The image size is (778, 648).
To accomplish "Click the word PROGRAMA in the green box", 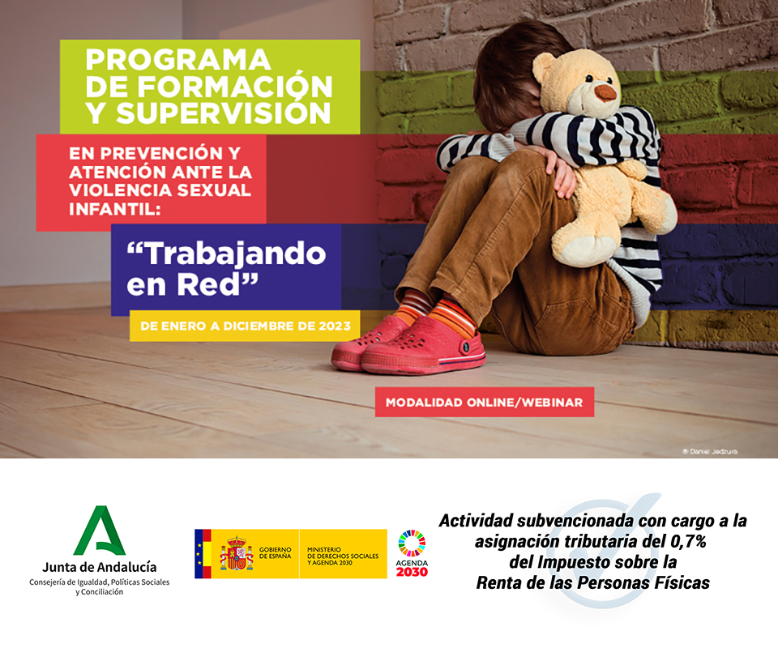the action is (x=178, y=60).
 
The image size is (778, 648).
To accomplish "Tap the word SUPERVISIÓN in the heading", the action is (x=224, y=113).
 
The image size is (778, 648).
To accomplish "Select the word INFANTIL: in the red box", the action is (x=115, y=209).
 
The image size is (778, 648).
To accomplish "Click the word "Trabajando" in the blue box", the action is (x=226, y=254).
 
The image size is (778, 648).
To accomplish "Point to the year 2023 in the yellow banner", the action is (x=335, y=326).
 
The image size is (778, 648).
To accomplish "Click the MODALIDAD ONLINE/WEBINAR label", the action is (x=485, y=402).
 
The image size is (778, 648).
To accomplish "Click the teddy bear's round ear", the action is (x=543, y=67).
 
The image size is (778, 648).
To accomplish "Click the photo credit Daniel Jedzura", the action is (x=710, y=451).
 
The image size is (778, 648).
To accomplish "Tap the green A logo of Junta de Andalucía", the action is (x=100, y=531).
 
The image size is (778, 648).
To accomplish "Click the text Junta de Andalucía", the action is (x=99, y=567).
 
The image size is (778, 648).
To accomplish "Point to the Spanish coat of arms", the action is (x=237, y=553).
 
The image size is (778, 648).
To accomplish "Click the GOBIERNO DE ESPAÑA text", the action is (x=276, y=552).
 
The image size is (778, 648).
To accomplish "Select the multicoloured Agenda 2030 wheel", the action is (x=412, y=544).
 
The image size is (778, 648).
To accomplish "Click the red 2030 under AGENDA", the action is (x=412, y=572).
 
